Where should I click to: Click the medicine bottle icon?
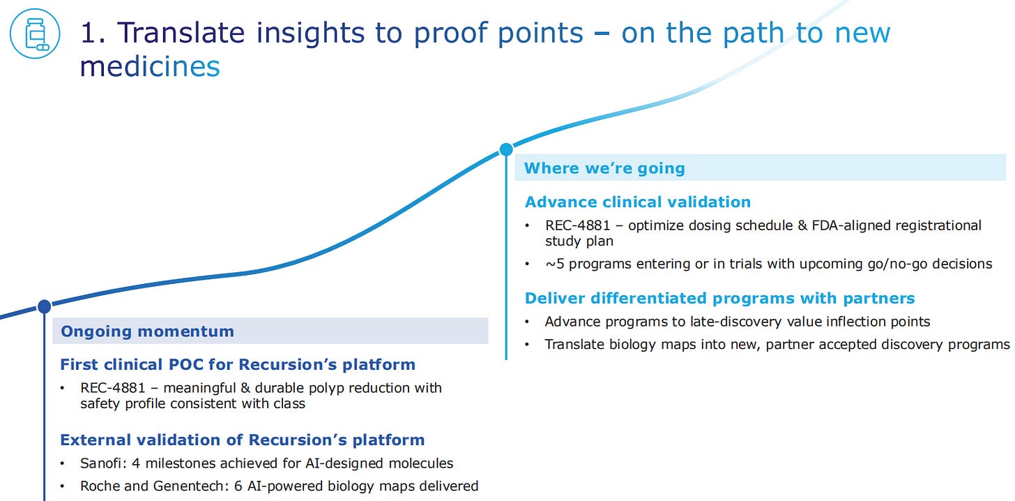35,33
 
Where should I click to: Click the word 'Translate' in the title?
181,33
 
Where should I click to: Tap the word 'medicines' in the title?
150,66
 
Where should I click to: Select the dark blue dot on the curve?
45,306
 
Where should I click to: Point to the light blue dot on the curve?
506,149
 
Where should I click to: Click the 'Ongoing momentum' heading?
147,331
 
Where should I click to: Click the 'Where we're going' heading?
604,167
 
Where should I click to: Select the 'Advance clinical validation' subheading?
638,202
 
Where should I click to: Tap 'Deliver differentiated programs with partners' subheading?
719,298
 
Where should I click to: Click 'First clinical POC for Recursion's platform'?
238,364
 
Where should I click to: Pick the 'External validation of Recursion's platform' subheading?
243,440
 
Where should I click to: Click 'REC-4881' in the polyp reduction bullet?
113,388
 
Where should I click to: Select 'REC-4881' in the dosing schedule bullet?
578,225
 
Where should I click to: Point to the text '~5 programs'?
588,264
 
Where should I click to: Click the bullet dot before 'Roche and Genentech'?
63,486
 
